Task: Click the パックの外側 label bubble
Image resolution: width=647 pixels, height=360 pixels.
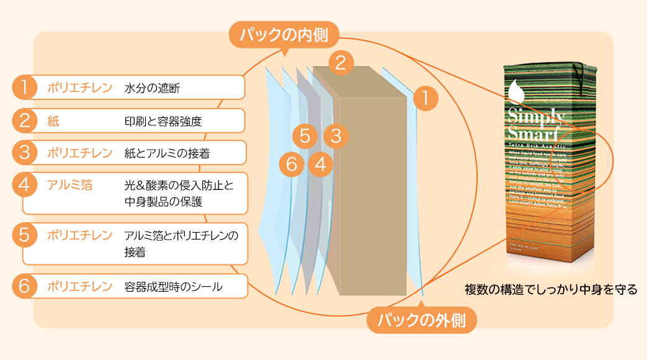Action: [422, 321]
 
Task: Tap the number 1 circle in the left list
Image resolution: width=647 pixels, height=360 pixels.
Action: [24, 88]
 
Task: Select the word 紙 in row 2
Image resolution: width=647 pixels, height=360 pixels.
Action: [53, 121]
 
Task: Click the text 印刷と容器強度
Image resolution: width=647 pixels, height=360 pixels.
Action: [163, 121]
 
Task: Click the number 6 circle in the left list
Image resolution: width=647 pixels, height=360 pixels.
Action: [24, 286]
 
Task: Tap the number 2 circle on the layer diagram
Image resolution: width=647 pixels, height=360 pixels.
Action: [341, 61]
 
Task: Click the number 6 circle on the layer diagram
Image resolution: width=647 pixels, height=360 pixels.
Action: [292, 164]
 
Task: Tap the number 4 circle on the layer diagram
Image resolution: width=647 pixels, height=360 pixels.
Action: [320, 164]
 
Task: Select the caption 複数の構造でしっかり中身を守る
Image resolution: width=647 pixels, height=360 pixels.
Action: [551, 289]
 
